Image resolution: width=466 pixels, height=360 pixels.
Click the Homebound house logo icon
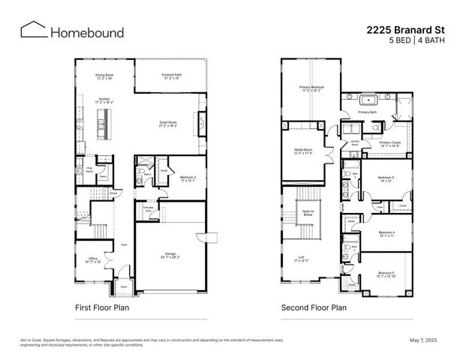coord(33,30)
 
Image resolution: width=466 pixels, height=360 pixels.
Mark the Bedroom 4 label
coord(386,233)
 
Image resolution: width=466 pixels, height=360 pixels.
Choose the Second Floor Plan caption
coord(314,307)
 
